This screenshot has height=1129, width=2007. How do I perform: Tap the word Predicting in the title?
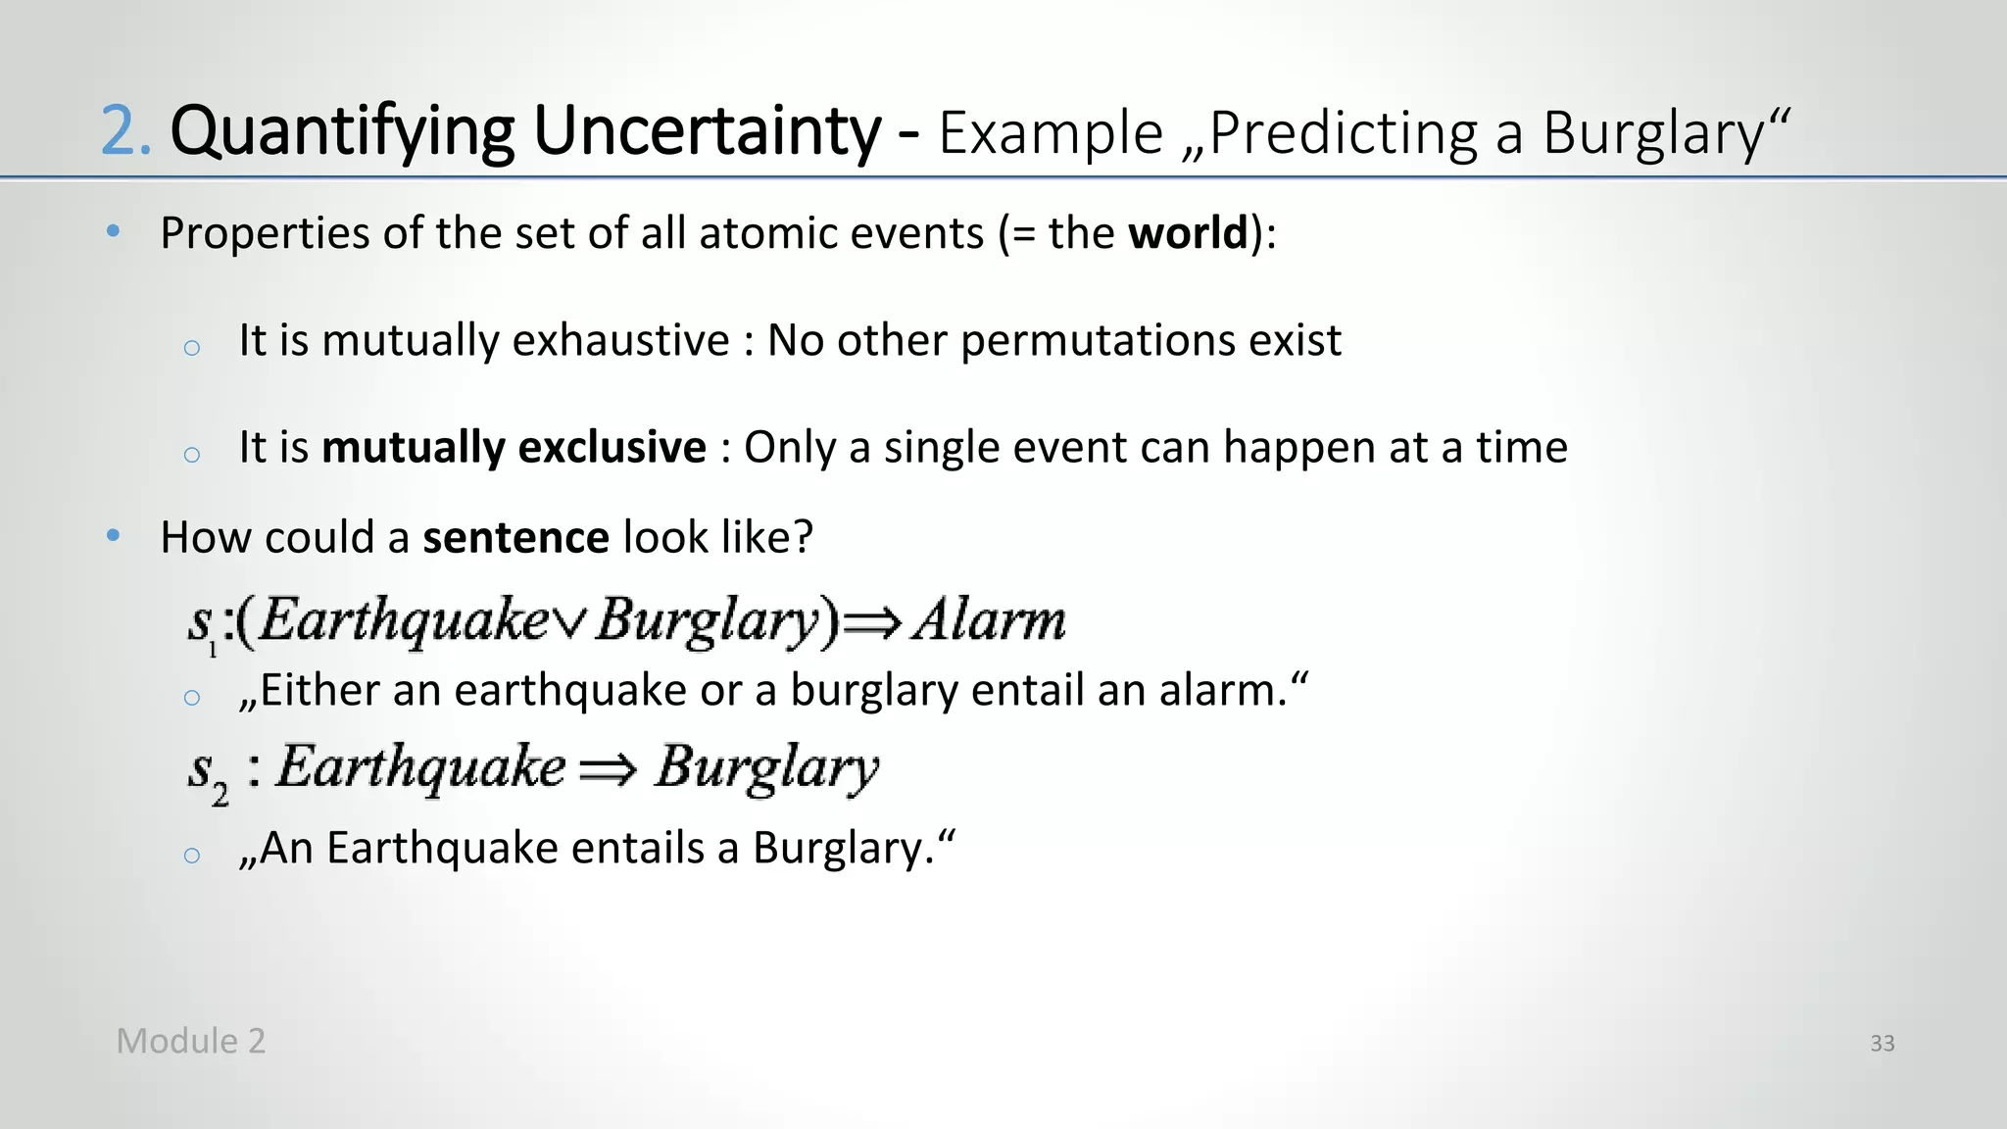coord(1344,134)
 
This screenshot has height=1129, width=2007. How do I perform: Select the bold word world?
coord(1188,233)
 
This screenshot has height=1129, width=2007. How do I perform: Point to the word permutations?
coord(1098,341)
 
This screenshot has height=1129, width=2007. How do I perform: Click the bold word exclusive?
coord(612,447)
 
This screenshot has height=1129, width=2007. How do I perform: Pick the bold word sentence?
coord(515,537)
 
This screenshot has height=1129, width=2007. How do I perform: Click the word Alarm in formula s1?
coord(989,619)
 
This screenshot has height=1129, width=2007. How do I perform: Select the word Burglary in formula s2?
coord(766,768)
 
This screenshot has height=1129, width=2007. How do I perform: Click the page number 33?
coord(1882,1043)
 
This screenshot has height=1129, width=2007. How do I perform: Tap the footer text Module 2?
coord(190,1041)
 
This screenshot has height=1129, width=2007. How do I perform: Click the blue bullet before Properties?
coord(114,232)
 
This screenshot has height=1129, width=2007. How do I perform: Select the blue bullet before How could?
coord(114,536)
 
